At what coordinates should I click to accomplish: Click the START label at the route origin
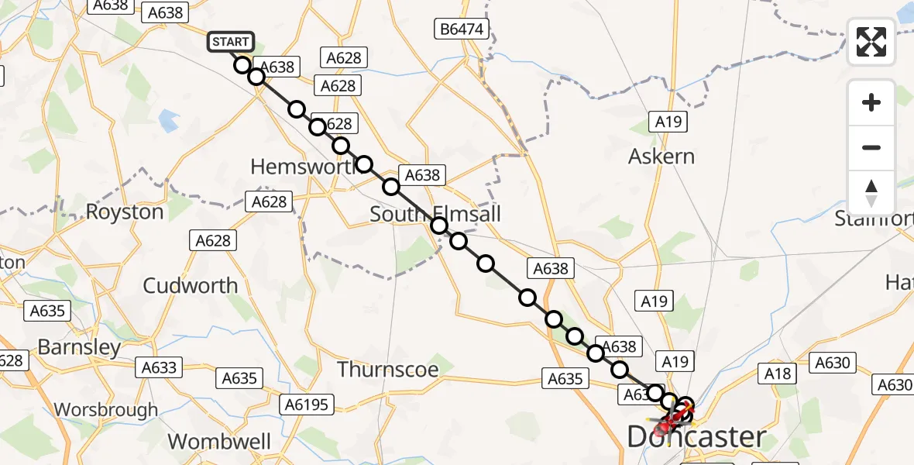pos(230,41)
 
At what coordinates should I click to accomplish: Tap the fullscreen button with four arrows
pos(871,42)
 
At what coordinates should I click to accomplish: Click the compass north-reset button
pos(871,192)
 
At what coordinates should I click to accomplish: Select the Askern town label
pos(661,157)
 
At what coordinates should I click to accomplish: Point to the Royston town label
pos(125,212)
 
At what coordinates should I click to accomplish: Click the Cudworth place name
pos(191,285)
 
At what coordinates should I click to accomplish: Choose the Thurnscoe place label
pos(388,370)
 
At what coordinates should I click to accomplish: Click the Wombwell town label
pos(219,442)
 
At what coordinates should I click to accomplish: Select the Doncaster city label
pos(696,437)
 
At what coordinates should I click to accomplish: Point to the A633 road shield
pos(160,368)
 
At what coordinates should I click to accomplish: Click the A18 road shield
pos(778,374)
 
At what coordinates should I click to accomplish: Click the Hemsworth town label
pos(302,166)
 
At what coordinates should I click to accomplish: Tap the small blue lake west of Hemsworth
pos(168,120)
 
